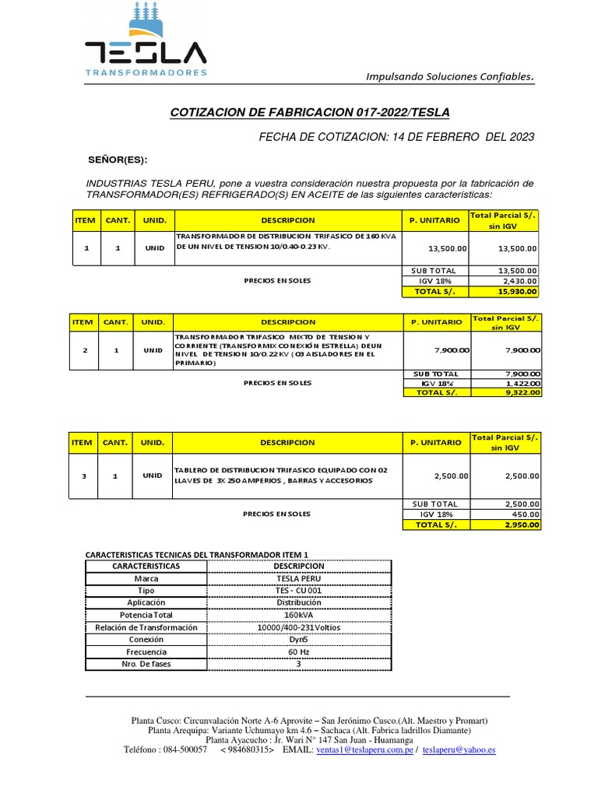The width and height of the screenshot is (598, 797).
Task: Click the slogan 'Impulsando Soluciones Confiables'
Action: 450,76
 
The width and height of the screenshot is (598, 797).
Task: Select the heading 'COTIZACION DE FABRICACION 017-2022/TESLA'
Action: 309,112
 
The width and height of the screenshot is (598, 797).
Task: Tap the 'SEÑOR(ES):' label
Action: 118,160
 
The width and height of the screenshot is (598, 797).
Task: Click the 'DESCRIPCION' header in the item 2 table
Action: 287,321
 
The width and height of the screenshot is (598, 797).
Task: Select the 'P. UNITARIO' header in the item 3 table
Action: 434,442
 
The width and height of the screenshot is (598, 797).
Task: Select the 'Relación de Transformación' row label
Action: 146,627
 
